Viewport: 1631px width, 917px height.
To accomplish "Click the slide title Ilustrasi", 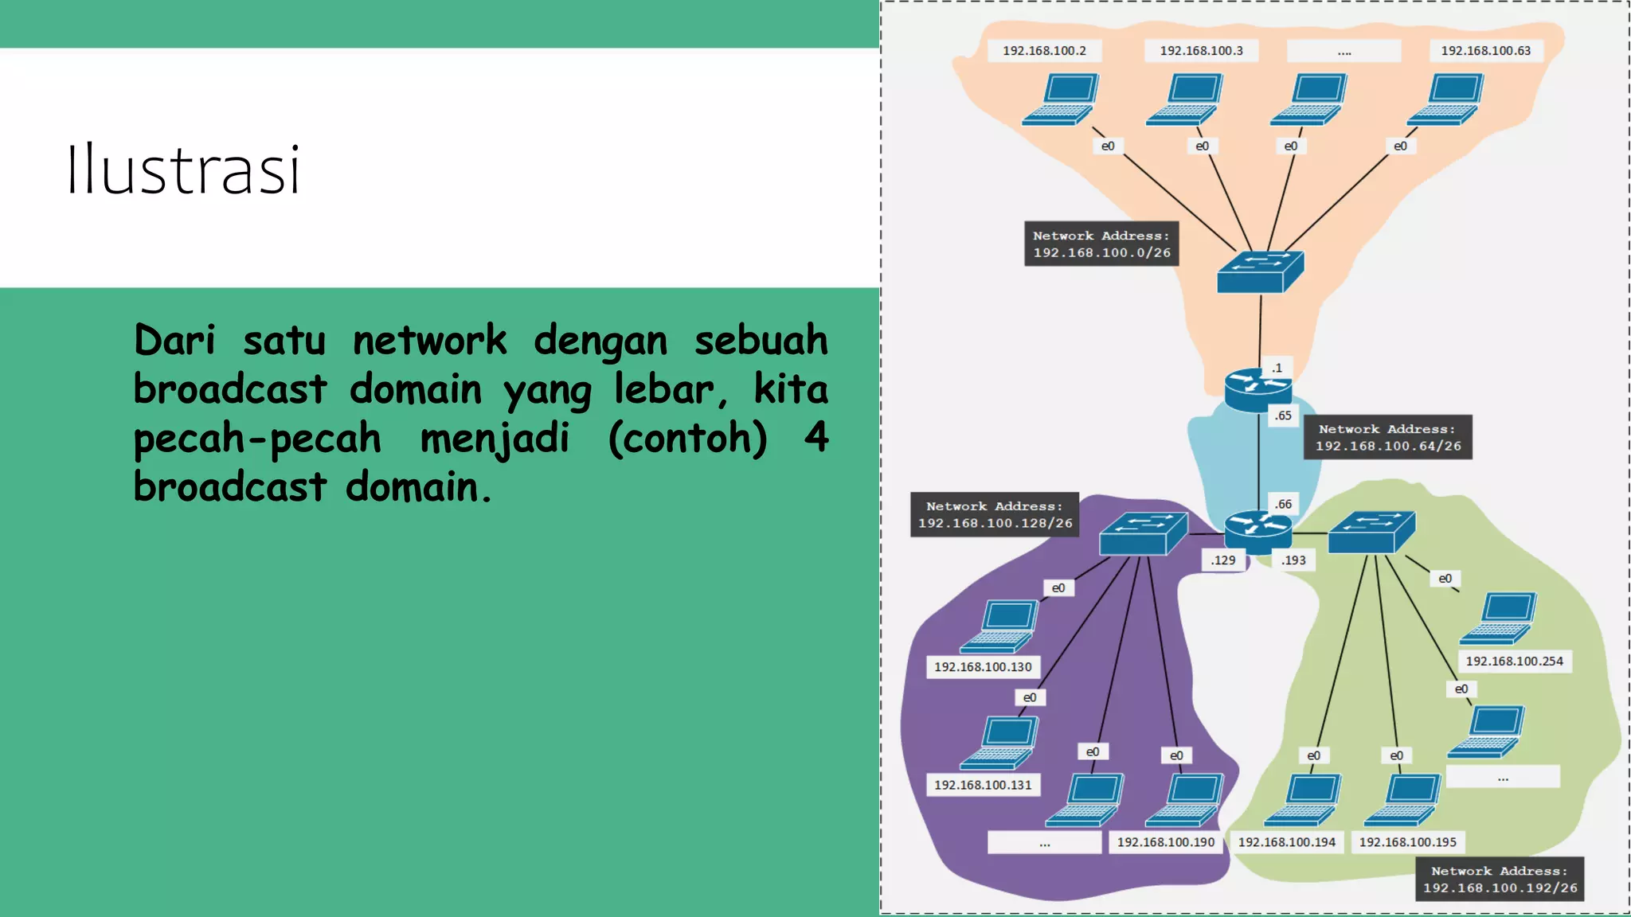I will [183, 169].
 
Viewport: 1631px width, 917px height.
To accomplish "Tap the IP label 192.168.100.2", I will [1044, 51].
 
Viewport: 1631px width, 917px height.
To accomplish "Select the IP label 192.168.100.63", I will [1485, 51].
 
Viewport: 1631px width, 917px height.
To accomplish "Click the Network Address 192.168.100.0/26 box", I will [1101, 244].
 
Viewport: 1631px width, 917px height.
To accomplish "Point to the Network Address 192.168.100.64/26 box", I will [1387, 437].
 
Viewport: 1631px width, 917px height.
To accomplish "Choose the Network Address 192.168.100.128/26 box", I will [995, 514].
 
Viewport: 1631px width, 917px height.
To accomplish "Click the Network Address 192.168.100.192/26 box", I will [1499, 879].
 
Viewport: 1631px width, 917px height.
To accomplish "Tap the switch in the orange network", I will [1260, 271].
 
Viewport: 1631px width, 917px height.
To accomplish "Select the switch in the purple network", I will [1143, 534].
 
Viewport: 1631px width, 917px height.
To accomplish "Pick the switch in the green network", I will [1371, 533].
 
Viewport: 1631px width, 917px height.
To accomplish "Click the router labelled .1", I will [1257, 389].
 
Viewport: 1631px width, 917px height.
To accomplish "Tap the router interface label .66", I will [1283, 504].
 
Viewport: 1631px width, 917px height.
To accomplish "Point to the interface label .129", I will [1222, 560].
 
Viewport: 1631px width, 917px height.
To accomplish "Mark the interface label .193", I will [1293, 560].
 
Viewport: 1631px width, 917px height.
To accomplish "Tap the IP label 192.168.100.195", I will [1407, 842].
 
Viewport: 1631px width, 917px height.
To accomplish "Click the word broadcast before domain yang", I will [230, 389].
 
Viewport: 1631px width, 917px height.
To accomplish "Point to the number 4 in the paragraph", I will [815, 437].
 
